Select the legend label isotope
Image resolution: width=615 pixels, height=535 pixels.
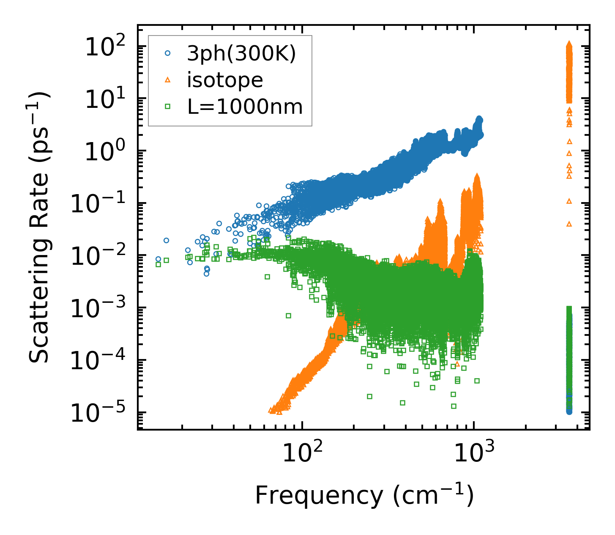225,80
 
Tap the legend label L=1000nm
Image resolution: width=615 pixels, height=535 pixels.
245,107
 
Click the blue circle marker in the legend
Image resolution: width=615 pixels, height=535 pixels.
168,53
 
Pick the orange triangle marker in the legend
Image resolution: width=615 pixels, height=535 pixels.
168,80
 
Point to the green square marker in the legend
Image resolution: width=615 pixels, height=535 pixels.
168,107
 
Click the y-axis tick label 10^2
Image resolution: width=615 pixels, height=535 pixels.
107,46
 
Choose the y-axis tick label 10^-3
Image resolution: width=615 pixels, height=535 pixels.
101,308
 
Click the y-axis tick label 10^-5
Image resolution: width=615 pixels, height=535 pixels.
101,413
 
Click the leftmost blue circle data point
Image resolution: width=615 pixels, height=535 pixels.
159,259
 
